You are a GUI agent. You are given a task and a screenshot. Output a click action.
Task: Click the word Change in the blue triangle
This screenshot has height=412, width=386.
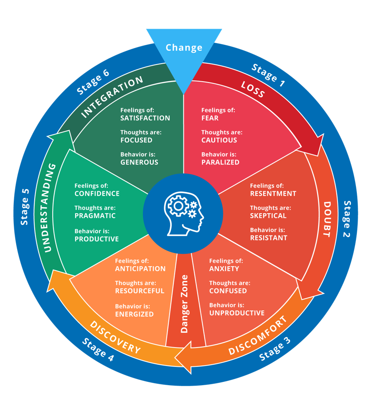(x=184, y=48)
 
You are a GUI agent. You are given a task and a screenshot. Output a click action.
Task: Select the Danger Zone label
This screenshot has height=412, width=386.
(x=184, y=304)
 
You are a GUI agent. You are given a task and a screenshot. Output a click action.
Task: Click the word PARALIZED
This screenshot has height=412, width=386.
(x=220, y=162)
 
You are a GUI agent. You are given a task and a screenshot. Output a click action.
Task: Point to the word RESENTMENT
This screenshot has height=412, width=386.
(x=273, y=193)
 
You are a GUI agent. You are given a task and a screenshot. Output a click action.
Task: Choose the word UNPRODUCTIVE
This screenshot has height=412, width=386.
(x=236, y=313)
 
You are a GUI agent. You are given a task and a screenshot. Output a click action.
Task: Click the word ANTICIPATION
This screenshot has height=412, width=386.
(x=140, y=268)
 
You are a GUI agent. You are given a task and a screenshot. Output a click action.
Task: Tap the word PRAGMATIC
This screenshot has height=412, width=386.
(x=95, y=216)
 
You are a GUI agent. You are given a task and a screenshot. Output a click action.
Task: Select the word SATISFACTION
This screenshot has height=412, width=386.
(x=145, y=118)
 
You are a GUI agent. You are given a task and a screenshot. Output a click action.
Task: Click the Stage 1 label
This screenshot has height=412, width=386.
(x=268, y=75)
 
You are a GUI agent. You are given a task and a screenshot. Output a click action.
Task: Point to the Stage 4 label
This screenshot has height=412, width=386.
(x=98, y=349)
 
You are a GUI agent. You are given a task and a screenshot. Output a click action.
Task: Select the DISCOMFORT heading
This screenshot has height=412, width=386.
(x=258, y=336)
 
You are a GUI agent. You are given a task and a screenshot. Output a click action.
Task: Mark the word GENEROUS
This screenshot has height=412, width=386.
(x=139, y=162)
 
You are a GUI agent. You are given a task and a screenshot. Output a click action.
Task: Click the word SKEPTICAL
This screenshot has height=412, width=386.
(x=268, y=216)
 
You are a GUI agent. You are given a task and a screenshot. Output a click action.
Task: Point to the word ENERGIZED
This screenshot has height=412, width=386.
(x=134, y=314)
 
